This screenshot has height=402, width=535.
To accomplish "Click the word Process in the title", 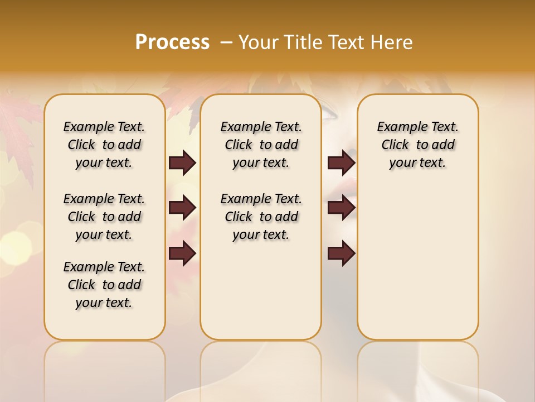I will click(172, 42).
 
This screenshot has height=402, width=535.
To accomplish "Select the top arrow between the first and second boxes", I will click(182, 163).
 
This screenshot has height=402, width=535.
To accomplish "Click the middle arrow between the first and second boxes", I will click(182, 208).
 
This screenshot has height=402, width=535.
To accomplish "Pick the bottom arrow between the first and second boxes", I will click(182, 253).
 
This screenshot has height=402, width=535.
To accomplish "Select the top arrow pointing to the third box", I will click(341, 163).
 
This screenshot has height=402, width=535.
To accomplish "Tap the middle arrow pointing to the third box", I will click(341, 208).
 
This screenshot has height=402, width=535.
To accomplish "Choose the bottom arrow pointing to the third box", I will click(341, 253).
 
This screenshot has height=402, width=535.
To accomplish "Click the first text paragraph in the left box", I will click(104, 145).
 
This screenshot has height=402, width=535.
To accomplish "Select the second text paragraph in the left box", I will click(104, 217).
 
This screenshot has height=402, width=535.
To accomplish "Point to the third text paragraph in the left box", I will click(104, 285).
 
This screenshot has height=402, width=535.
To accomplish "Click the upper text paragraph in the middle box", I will click(261, 145).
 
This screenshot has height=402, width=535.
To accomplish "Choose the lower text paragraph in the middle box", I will click(261, 217).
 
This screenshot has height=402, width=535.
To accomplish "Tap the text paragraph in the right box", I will click(417, 145).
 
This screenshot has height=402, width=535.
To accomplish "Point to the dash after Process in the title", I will click(226, 42).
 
